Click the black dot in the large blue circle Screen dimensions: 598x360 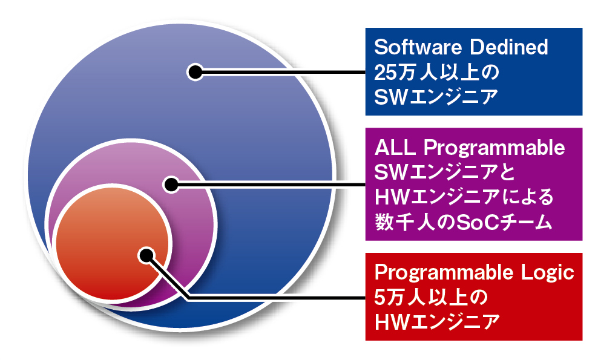195,71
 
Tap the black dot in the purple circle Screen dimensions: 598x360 172,185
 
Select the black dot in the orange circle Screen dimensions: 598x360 146,255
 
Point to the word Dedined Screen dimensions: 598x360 509,47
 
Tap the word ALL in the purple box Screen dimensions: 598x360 395,147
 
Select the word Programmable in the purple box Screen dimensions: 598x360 494,149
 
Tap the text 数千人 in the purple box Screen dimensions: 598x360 405,222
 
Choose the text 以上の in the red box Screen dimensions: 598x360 458,298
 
